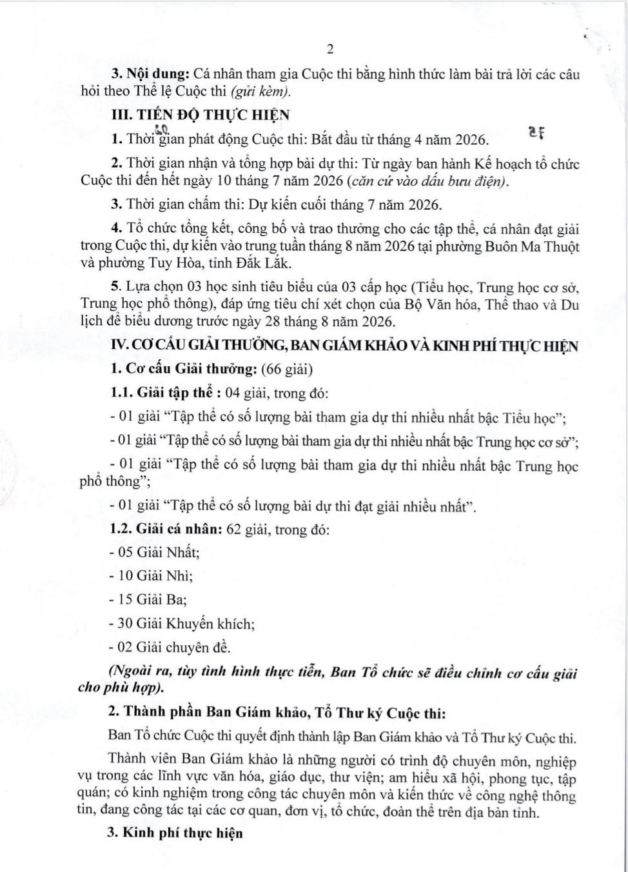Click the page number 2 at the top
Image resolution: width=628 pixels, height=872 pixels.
(x=330, y=49)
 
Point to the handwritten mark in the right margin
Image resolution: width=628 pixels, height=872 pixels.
(x=536, y=133)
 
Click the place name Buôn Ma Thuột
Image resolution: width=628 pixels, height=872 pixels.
(x=533, y=246)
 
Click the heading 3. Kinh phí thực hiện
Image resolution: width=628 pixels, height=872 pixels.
(x=176, y=833)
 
